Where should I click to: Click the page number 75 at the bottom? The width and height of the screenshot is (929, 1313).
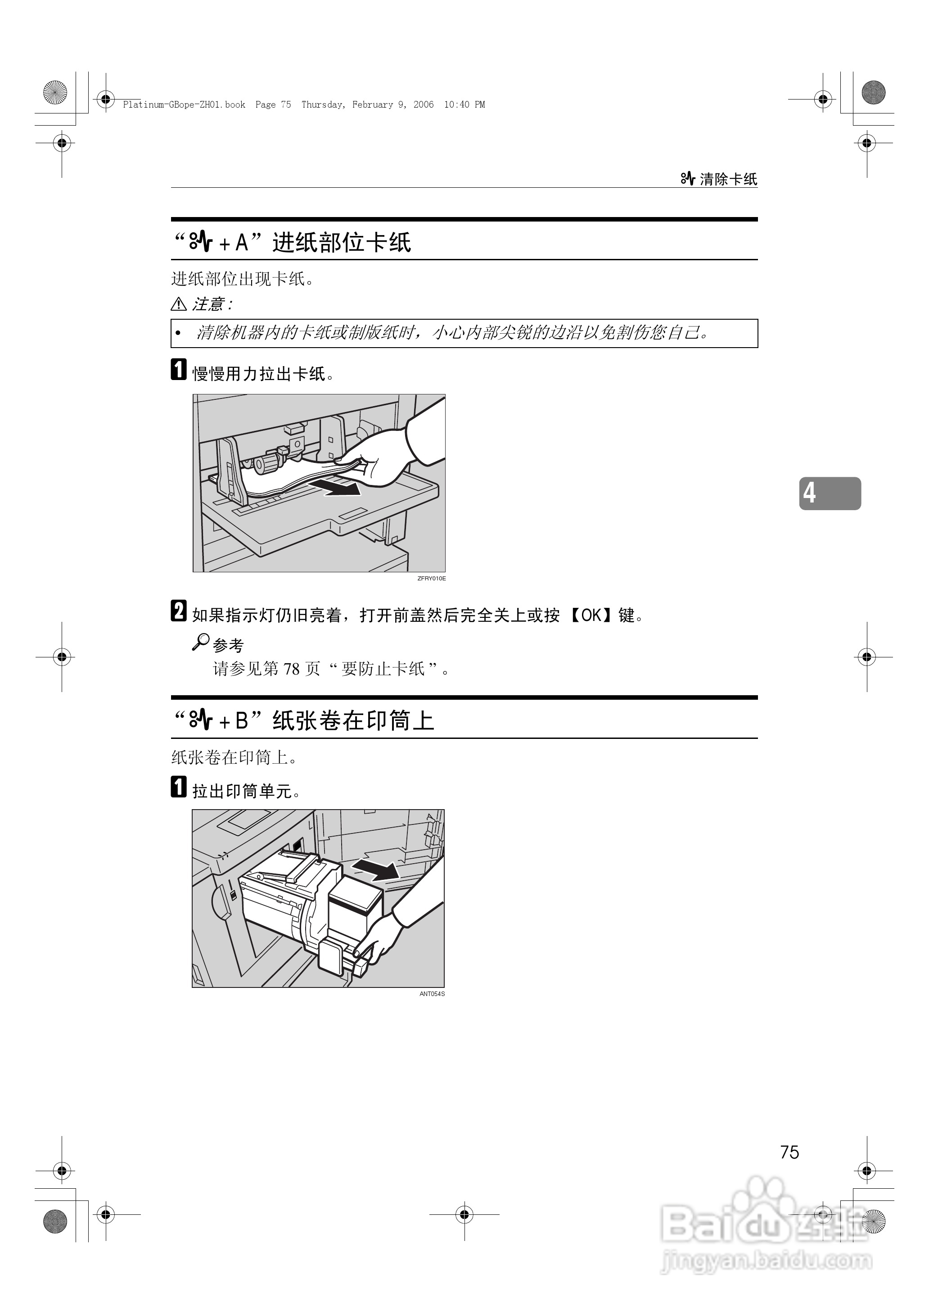click(x=789, y=1152)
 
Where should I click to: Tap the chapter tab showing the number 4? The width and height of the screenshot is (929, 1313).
click(x=830, y=493)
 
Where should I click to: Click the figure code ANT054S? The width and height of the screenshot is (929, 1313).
click(x=432, y=994)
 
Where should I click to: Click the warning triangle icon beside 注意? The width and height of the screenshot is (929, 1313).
click(x=179, y=304)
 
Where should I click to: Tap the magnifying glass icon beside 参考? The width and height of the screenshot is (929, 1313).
click(x=200, y=642)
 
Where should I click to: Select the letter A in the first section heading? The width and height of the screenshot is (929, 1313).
click(x=242, y=243)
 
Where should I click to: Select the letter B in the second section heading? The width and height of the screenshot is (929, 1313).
click(x=242, y=721)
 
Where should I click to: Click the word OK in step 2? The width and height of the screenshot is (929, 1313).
click(x=591, y=616)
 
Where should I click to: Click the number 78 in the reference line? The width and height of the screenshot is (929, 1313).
click(x=292, y=669)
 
